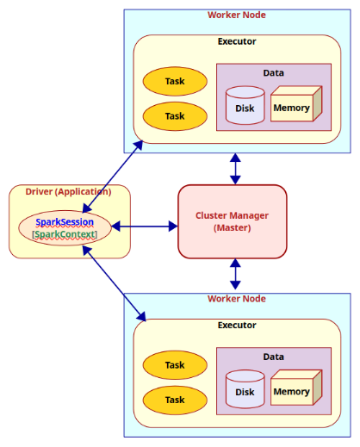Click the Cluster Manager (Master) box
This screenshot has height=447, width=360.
[x=232, y=221]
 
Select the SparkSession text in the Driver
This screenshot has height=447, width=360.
[x=65, y=221]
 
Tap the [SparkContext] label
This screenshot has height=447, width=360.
[x=65, y=234]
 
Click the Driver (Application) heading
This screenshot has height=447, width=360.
[x=70, y=191]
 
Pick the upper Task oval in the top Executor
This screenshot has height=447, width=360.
[x=175, y=81]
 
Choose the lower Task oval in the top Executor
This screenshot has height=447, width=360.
[x=175, y=115]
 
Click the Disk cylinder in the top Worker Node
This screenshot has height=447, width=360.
[x=245, y=107]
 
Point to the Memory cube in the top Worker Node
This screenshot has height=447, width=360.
[x=292, y=107]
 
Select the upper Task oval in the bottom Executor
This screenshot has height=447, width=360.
[x=175, y=365]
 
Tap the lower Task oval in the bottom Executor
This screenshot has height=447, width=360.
[x=175, y=400]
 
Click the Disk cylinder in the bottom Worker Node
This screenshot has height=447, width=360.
[x=245, y=391]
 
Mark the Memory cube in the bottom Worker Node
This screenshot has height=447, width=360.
[x=292, y=391]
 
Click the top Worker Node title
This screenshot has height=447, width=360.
[x=236, y=16]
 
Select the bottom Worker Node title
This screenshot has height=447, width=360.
[x=236, y=299]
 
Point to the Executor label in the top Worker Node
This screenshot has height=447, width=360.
[x=236, y=40]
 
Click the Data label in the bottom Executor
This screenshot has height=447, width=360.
[x=273, y=356]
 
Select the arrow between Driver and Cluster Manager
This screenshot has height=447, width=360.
[x=145, y=227]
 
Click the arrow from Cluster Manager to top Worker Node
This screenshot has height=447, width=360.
[x=235, y=168]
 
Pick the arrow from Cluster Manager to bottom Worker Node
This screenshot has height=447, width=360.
[x=235, y=274]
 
